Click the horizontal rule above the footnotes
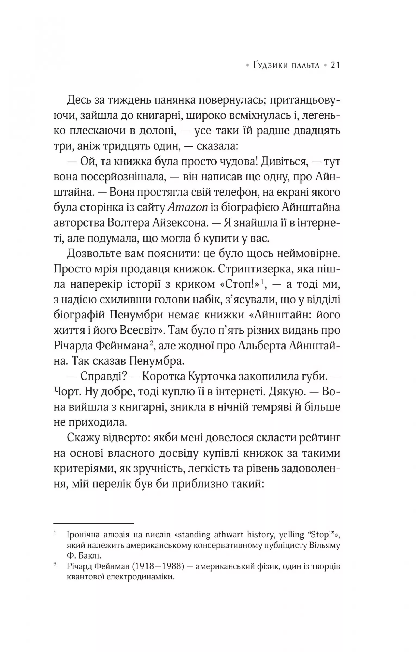94,523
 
